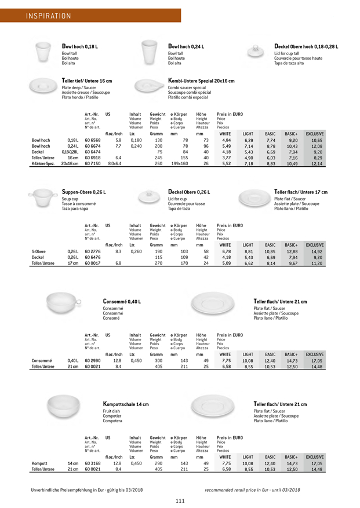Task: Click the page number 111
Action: pos(180,500)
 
